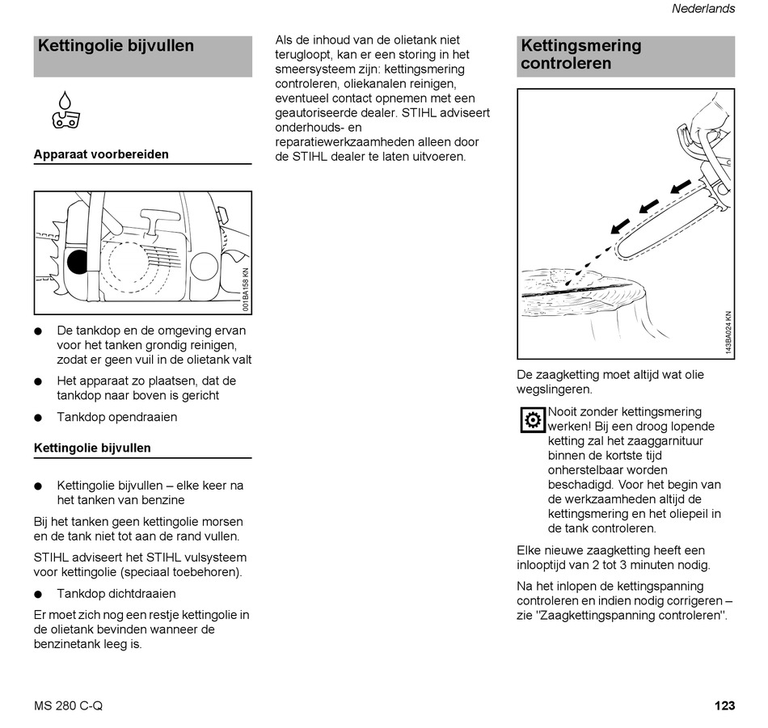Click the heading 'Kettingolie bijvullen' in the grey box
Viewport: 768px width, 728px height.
pos(116,46)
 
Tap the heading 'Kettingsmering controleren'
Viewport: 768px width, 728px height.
pos(581,55)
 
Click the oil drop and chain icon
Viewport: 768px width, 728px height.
pos(64,111)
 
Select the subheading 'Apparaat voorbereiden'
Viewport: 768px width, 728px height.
pos(101,154)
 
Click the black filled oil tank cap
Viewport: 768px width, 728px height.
pos(78,262)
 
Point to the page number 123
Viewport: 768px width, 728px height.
pos(724,705)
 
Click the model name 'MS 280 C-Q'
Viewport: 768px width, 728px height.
pos(69,705)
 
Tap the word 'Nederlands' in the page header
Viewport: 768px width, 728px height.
pos(703,9)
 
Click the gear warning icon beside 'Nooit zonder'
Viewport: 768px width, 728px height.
pos(532,420)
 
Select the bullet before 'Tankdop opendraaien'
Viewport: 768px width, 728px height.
pos(38,418)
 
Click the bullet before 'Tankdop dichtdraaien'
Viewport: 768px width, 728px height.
pos(38,594)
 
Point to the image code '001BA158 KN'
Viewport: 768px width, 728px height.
pos(246,290)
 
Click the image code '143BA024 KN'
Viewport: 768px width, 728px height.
pos(728,333)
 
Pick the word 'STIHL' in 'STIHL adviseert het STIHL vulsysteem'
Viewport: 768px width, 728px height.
pos(51,558)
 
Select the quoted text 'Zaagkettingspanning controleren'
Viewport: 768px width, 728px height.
pos(631,616)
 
